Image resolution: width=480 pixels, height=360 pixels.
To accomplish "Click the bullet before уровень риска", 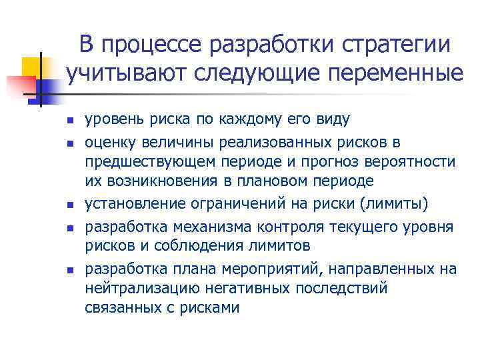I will (x=68, y=121).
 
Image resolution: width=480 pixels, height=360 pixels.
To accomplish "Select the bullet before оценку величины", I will (x=68, y=142).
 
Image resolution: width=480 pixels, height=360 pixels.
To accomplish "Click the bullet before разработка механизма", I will (x=68, y=227).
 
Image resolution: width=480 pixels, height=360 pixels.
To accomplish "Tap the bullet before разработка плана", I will (x=68, y=269).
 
